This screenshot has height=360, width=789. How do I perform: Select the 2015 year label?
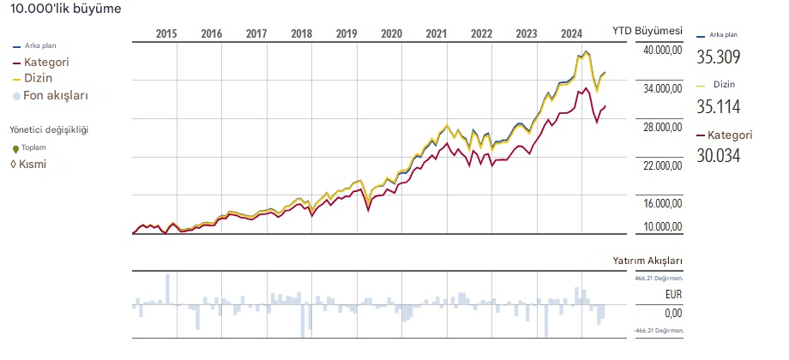coord(166,34)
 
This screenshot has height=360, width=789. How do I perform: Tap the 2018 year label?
coord(301,34)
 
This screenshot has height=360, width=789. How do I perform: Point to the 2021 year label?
coord(436,34)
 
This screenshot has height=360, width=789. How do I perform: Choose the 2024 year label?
coord(570,34)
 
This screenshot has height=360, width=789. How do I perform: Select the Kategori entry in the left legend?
coord(46,63)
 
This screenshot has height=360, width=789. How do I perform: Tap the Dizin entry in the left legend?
coord(39,79)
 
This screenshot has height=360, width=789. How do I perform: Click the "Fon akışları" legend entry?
coord(56,96)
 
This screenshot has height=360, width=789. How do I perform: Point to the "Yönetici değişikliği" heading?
coord(49,130)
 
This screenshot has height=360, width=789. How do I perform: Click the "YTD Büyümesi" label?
coord(647,30)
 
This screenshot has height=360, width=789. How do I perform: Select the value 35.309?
coord(719,57)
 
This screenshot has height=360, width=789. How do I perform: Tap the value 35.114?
coord(719,106)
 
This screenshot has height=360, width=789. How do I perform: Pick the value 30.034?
coord(719,155)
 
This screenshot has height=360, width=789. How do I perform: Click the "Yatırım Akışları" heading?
coord(647,260)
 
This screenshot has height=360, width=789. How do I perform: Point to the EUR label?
coord(673,295)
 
